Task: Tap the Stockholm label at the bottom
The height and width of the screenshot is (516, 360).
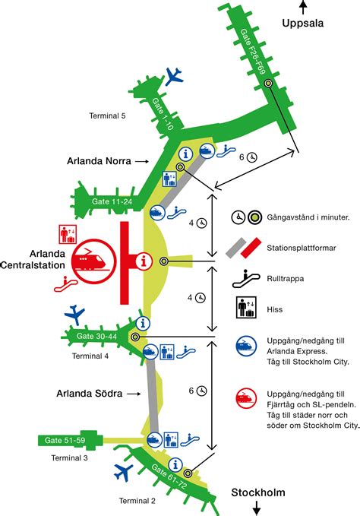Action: tap(258, 493)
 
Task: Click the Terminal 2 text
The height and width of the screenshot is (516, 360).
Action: tap(137, 500)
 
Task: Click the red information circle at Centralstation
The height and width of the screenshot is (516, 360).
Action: tap(141, 261)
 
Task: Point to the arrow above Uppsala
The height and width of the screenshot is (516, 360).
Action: tap(303, 7)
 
